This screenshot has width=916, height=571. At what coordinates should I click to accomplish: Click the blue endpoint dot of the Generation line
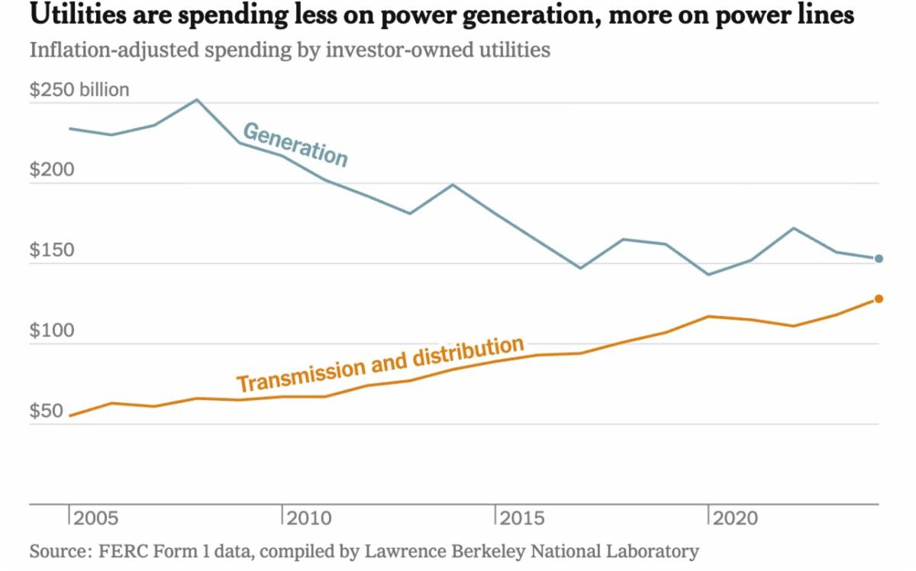879,259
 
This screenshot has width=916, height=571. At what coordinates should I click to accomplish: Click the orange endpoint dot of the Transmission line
879,298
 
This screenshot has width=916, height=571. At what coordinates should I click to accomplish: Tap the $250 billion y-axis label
79,90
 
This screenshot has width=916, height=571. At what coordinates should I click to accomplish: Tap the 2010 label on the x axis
310,519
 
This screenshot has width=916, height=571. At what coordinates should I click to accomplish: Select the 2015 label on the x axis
523,519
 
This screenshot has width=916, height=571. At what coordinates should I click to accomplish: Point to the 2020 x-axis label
736,519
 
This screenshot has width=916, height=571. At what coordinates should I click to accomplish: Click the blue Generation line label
295,144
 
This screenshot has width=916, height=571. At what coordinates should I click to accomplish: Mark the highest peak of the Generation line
196,99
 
